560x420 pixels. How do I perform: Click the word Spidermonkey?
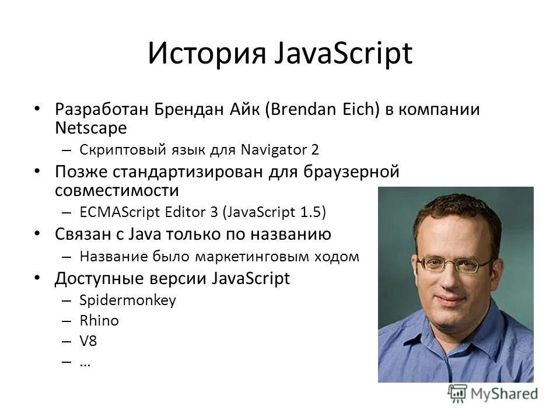pyautogui.click(x=127, y=300)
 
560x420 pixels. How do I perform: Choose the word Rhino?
pyautogui.click(x=99, y=320)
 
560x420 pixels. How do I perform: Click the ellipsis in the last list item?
pyautogui.click(x=85, y=363)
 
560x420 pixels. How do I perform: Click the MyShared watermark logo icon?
pyautogui.click(x=458, y=394)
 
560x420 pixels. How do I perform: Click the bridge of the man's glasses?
pyautogui.click(x=450, y=264)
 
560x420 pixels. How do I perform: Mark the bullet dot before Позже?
pyautogui.click(x=37, y=170)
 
